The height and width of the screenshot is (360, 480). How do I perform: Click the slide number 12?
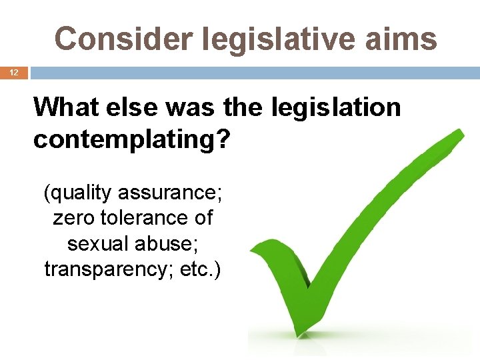coord(14,72)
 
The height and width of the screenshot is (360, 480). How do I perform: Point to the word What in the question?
coord(66,107)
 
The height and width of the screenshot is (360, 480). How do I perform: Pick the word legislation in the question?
coord(334,107)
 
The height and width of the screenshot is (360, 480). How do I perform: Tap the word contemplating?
coord(124,139)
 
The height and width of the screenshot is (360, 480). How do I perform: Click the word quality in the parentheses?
coord(79,193)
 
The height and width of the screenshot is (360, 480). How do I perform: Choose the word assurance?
coord(171,193)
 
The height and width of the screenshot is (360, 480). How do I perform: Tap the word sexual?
coord(99,243)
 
